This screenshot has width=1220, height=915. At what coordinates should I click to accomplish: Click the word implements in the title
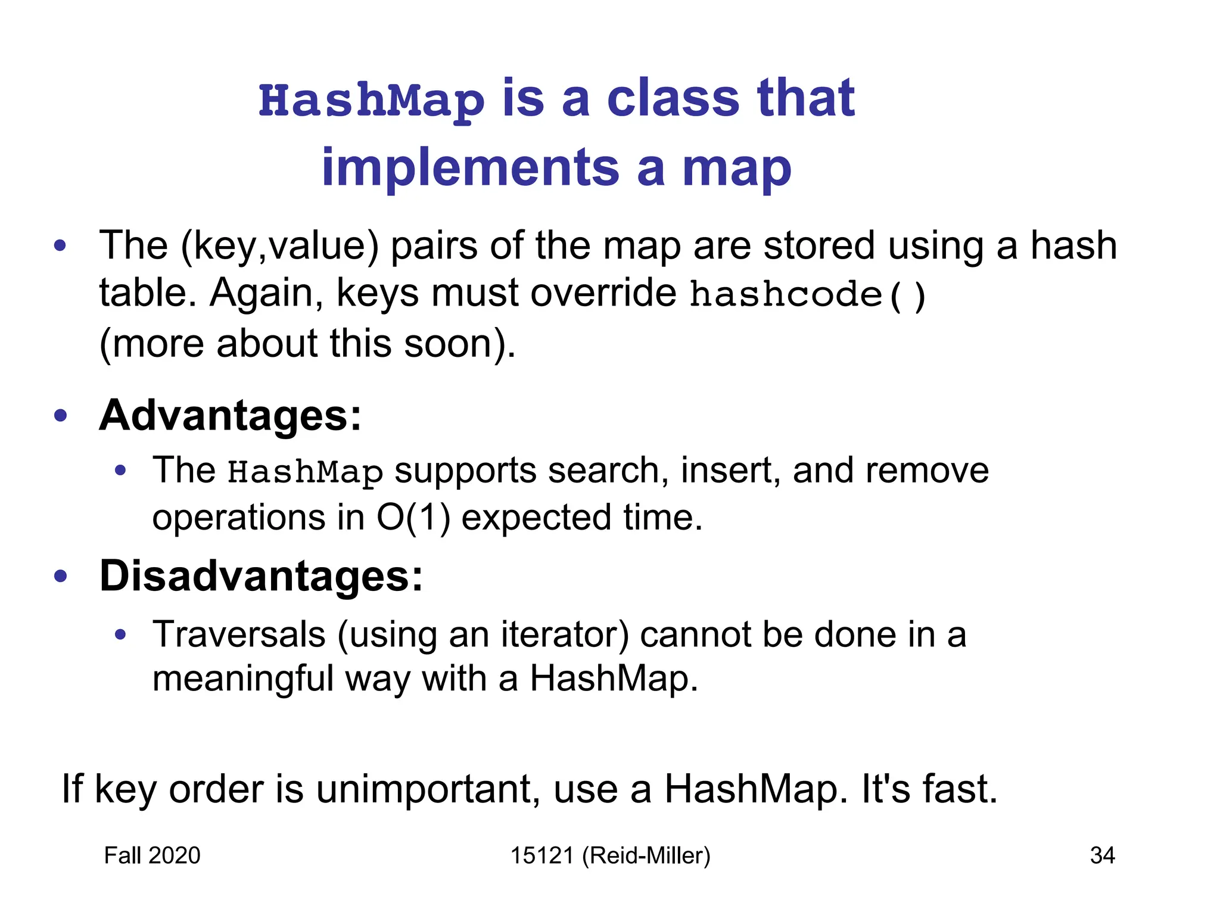click(470, 168)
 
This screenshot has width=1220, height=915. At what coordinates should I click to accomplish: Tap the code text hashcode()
click(807, 295)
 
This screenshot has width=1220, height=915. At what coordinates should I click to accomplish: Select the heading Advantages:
click(230, 415)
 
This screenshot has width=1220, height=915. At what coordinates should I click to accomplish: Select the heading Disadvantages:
click(261, 576)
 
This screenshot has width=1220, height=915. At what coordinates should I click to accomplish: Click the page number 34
click(1102, 855)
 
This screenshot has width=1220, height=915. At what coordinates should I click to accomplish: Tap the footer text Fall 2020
click(152, 855)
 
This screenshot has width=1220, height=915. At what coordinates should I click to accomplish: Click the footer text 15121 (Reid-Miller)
click(610, 855)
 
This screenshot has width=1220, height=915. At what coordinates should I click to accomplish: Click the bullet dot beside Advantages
click(60, 415)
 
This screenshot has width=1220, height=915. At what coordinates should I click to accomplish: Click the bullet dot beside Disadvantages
click(60, 576)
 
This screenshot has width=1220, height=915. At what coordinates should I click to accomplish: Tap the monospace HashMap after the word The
click(305, 472)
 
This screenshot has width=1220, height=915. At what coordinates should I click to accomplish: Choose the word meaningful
click(242, 679)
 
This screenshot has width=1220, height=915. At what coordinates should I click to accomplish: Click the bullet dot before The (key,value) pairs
click(60, 246)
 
